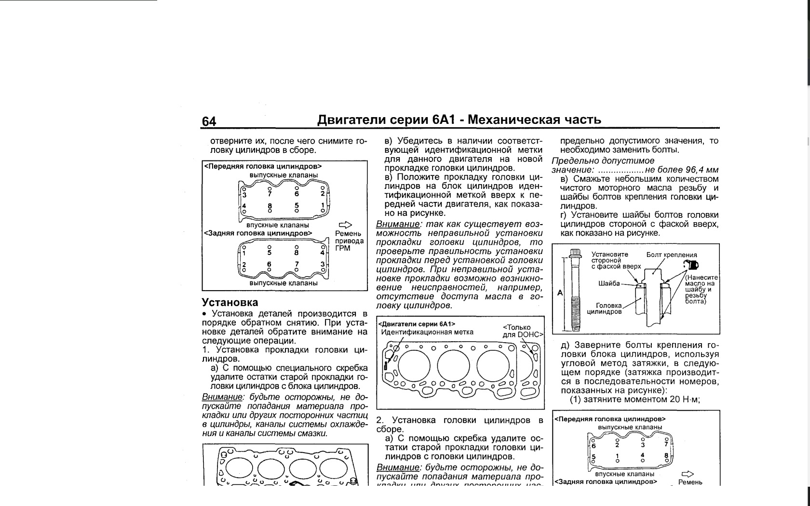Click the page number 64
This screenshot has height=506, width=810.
coord(209,121)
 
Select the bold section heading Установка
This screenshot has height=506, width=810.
coord(230,303)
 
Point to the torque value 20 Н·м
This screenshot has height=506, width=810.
coord(679,399)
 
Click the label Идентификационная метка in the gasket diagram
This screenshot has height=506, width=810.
coord(427,332)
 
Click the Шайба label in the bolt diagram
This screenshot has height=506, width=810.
coord(609,283)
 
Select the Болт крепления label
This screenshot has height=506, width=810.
coord(671,255)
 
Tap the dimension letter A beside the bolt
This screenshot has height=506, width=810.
coord(560,293)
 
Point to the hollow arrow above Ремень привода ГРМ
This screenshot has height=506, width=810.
coord(345,225)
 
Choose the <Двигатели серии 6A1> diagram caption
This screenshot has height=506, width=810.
coord(417,324)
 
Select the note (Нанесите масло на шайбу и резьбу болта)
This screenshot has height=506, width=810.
coord(702,290)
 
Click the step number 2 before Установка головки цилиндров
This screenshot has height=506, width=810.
coord(379,420)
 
